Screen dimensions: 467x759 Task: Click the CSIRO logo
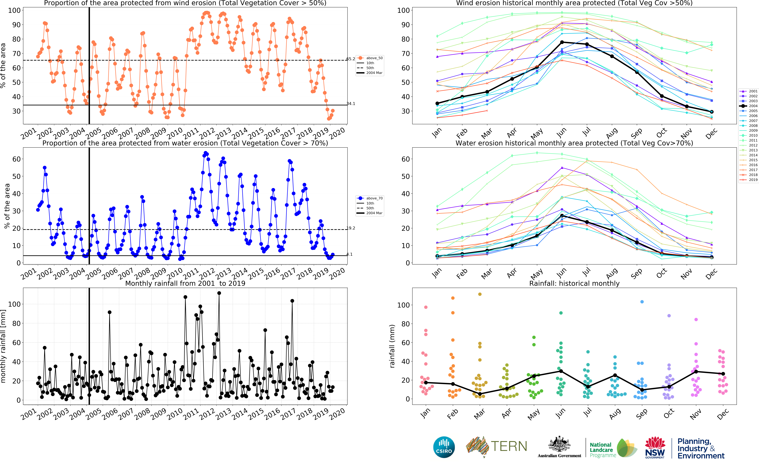(x=444, y=447)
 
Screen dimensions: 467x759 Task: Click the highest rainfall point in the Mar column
(x=480, y=294)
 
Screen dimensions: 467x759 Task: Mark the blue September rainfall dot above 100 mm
(x=642, y=302)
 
